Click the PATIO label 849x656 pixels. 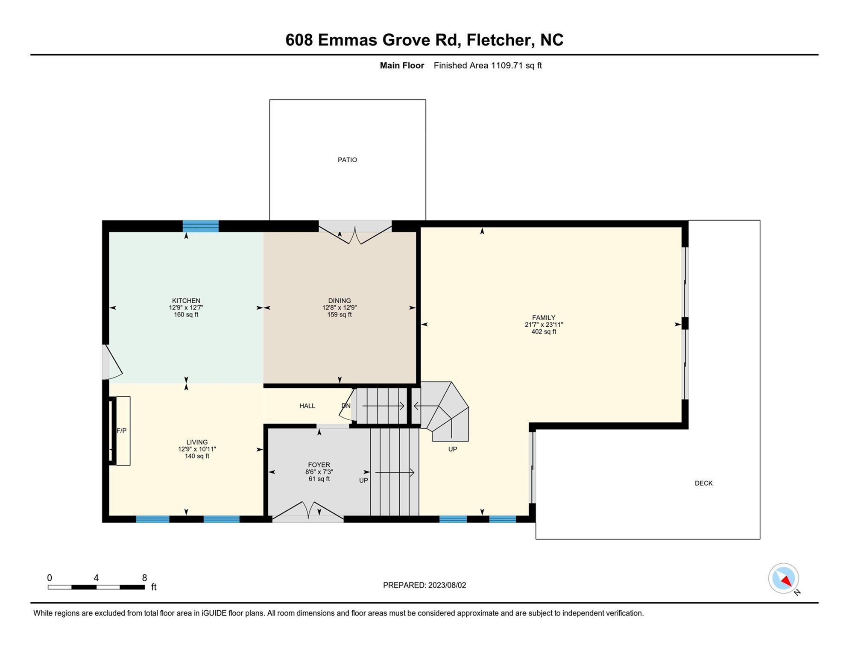click(347, 160)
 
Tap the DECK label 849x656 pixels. click(703, 483)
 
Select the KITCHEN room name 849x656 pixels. click(186, 301)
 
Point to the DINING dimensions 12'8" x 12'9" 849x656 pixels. click(340, 307)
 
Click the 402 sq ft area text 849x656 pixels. click(544, 332)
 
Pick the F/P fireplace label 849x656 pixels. click(122, 431)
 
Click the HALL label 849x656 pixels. click(307, 406)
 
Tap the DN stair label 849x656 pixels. click(346, 406)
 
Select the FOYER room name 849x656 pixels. click(319, 465)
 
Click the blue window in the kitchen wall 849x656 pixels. click(201, 226)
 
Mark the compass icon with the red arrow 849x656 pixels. click(784, 578)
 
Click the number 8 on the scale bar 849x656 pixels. click(144, 578)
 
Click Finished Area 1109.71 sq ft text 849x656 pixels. click(488, 65)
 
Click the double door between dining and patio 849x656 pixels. click(355, 232)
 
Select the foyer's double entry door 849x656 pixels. click(308, 512)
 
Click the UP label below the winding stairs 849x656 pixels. click(453, 449)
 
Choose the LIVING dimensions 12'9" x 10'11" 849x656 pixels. click(197, 449)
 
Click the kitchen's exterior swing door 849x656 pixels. click(112, 362)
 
